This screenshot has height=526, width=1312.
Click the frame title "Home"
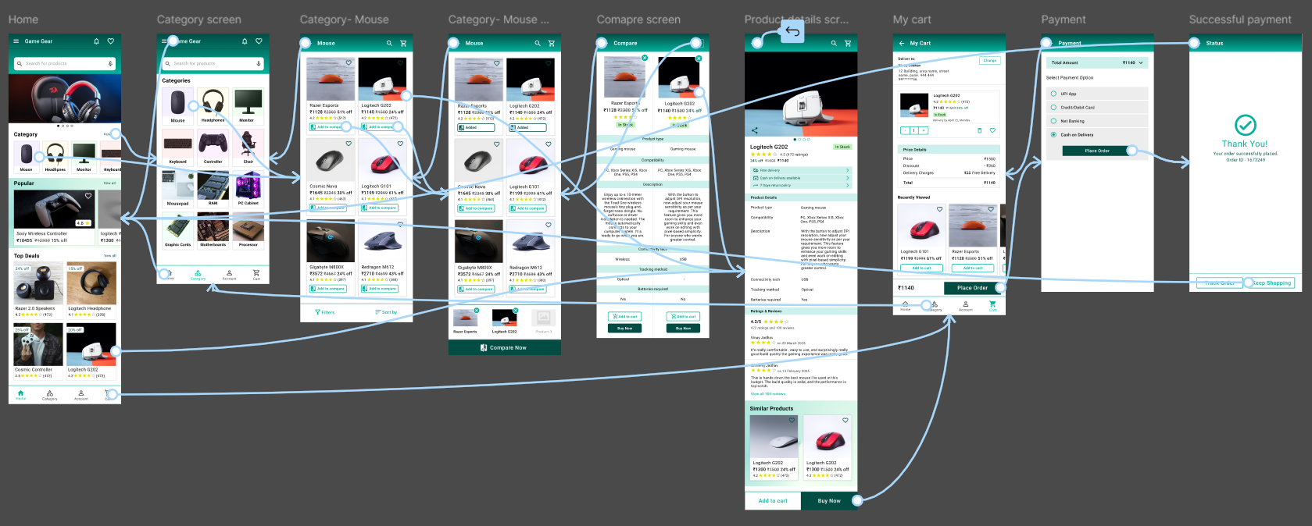point(23,20)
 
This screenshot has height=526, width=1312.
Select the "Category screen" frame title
point(198,20)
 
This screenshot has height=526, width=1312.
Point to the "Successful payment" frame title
point(1239,20)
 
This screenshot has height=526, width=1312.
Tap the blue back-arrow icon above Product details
point(792,31)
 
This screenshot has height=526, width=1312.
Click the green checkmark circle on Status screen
point(1245,125)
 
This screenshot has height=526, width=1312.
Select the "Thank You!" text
point(1245,144)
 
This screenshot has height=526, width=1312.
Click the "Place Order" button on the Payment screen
point(1097,151)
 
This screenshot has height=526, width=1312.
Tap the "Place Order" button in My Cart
point(972,288)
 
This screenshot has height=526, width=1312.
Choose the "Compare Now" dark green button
point(504,348)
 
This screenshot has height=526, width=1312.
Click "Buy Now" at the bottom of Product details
point(829,501)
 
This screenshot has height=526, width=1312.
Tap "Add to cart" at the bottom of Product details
point(773,501)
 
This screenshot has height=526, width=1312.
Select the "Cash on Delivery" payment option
point(1077,135)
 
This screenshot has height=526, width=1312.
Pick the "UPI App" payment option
point(1068,94)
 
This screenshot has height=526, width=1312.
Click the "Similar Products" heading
point(771,409)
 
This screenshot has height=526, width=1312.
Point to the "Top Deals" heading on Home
point(27,256)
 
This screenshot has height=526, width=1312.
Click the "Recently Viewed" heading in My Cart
point(913,197)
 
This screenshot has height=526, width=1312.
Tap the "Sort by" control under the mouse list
point(386,312)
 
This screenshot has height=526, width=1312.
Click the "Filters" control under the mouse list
point(325,312)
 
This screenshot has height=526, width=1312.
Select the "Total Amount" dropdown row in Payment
point(1097,62)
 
